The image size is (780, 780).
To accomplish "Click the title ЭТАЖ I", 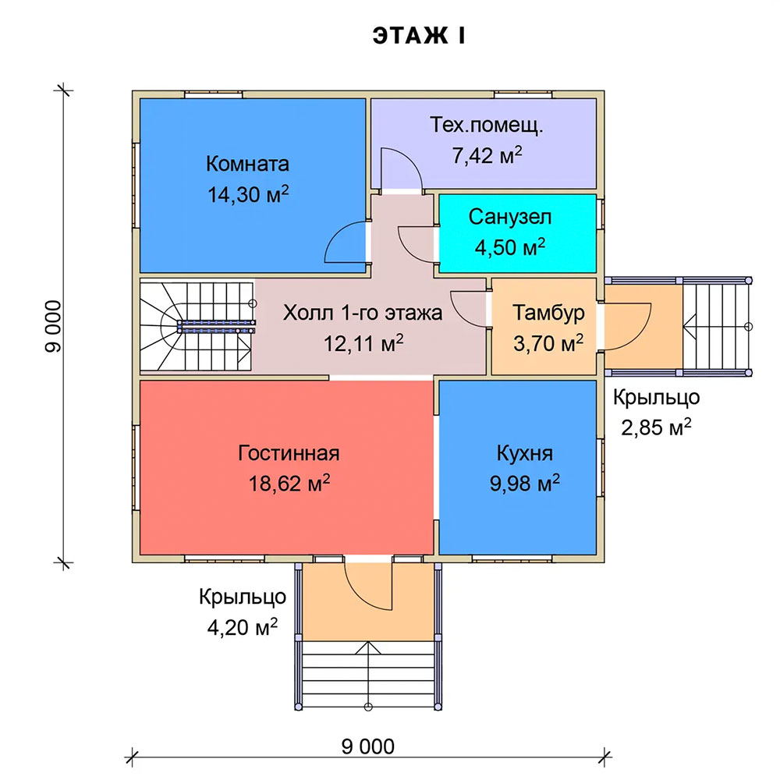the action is tap(419, 36).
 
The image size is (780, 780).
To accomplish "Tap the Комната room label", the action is tap(247, 164).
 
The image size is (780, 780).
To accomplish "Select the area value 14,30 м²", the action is tap(248, 194).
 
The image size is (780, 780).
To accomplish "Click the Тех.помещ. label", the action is tap(487, 126).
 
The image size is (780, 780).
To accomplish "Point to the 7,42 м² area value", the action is tap(487, 155).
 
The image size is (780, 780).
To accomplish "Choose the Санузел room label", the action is tap(510, 217).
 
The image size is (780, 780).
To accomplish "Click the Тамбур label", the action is tap(548, 313).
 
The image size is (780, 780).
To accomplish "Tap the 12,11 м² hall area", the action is tap(363, 343).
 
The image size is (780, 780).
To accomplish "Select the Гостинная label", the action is tap(289, 453).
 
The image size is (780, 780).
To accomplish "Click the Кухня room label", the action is tap(524, 453).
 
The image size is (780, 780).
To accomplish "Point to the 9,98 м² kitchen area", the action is tap(524, 483).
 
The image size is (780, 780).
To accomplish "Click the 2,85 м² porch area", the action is tap(656, 427).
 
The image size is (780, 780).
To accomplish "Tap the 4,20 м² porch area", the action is tap(242, 627).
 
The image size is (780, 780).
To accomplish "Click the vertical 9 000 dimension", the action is tap(53, 326).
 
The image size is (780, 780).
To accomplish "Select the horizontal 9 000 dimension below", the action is tap(367, 746).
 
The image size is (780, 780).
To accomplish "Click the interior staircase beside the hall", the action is tap(197, 326).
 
